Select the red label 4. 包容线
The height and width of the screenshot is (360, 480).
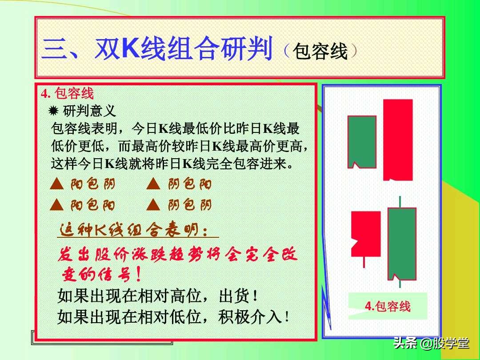point(68,94)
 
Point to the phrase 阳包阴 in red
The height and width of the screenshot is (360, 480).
point(93,184)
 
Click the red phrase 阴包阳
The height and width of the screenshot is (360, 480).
point(190,184)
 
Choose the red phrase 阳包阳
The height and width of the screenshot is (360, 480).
point(93,205)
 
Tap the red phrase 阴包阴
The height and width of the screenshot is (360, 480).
point(190,205)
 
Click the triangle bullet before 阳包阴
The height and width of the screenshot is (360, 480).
point(56,184)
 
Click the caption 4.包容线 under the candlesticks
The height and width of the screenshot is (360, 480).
point(388,306)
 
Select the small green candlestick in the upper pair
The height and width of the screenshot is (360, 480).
point(362,141)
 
